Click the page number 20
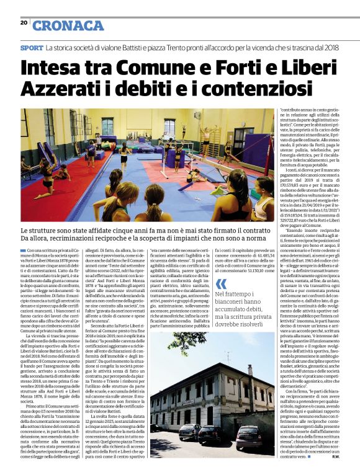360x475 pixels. point(23,23)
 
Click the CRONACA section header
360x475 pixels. point(68,25)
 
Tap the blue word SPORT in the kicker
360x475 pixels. point(32,48)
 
